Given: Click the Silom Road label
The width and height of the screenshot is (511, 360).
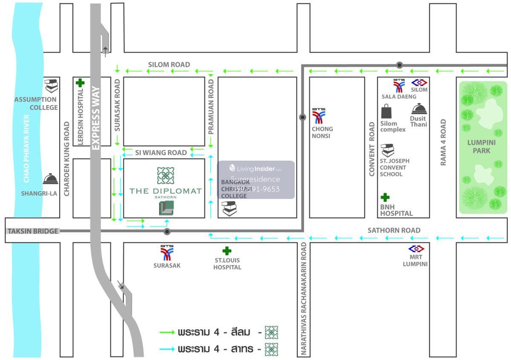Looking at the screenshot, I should coord(169,64).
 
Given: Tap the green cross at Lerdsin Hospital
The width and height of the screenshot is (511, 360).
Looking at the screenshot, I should coord(79,83).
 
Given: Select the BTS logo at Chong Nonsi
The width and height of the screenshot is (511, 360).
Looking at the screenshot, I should coord(319,116).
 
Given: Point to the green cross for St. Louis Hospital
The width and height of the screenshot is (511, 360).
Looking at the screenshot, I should coord(227,251).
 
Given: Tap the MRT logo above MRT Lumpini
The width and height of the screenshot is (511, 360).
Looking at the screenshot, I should coord(416,249).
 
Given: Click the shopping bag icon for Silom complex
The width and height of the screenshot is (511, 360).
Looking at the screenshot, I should coord(387,112).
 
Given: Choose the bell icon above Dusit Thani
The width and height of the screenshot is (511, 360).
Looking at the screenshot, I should coord(419,109).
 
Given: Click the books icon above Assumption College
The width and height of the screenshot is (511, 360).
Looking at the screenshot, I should coord(51,86).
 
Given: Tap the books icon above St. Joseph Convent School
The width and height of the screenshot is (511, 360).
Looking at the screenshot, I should coord(388,150).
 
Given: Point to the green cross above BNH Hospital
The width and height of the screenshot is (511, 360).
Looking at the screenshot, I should coord(385,197).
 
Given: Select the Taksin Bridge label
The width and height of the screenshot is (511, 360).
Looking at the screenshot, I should coord(32,231).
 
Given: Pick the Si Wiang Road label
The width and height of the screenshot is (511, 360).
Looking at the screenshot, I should coord(161,153).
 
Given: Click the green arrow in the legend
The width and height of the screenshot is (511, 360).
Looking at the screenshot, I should coord(167,332).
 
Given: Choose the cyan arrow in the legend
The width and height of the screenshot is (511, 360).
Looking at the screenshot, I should coord(167,349).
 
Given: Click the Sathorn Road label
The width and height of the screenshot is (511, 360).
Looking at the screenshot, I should coord(394,230).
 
